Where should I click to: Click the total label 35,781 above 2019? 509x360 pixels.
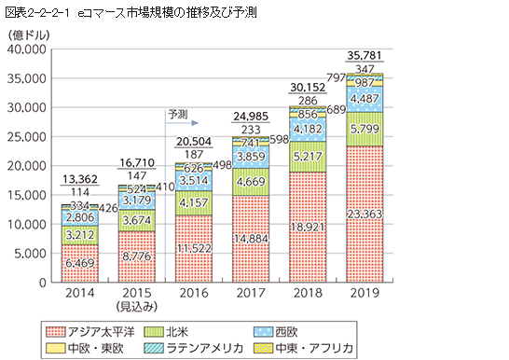tap(364, 53)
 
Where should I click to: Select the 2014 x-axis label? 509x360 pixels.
tap(80, 292)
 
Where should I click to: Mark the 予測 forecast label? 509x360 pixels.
tap(177, 113)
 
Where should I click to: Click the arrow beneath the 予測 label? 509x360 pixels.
tap(186, 122)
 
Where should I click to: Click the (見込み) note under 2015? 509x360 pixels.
tap(137, 307)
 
